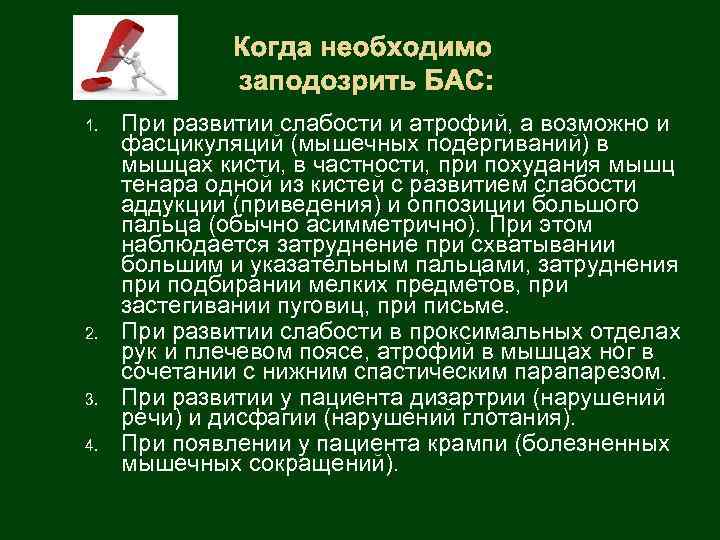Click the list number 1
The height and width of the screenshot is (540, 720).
pos(90,127)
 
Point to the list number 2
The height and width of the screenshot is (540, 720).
pos(90,331)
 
